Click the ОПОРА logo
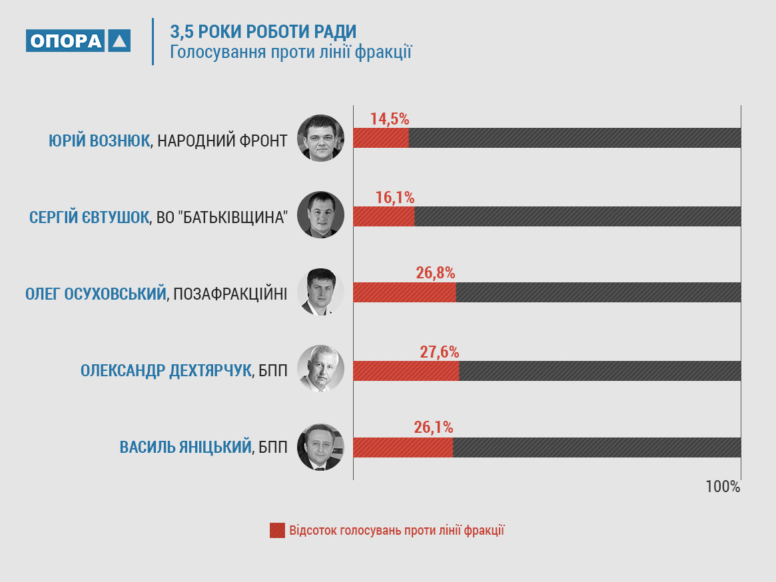coord(78,41)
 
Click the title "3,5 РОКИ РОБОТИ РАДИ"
coord(263,31)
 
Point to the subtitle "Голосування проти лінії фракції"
coord(291,52)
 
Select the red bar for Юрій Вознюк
coord(380,138)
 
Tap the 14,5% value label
coord(390,119)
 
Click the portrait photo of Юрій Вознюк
coord(320,138)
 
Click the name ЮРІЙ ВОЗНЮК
coord(99,141)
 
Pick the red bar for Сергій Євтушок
coord(384,216)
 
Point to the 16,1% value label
coord(395,198)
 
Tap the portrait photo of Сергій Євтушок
coord(320,214)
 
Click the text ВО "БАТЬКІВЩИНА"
coord(222,218)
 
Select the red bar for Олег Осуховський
coord(404,292)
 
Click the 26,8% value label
coord(436,273)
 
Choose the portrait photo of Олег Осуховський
coord(320,292)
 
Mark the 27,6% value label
coord(440,352)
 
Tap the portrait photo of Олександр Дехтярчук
coord(320,368)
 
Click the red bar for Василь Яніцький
coord(402,447)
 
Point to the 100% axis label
coord(723,487)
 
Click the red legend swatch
coord(277,531)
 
